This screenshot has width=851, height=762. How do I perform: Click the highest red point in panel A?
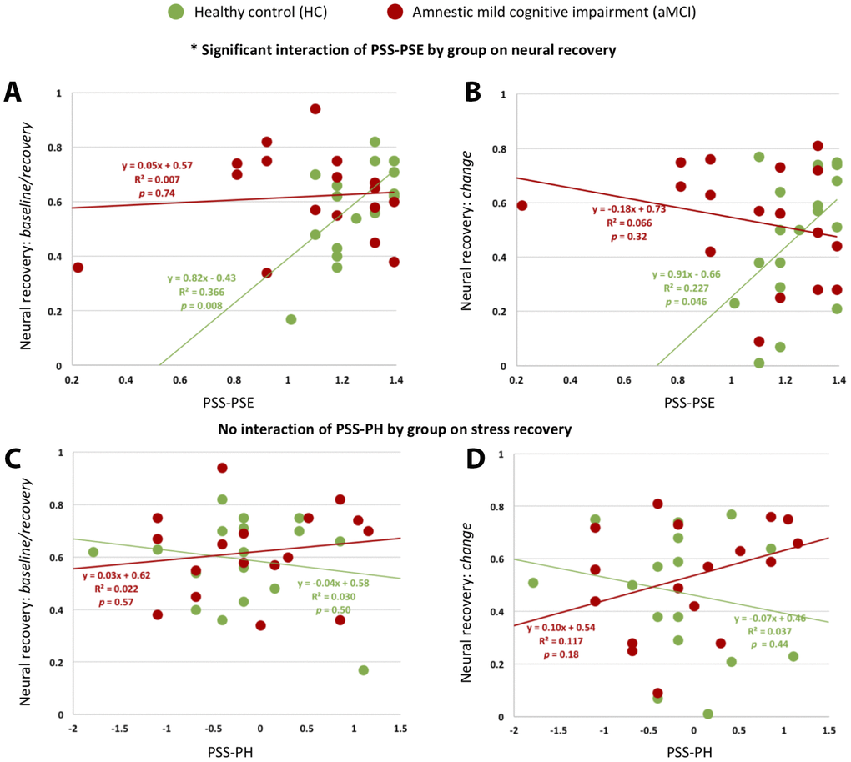point(315,109)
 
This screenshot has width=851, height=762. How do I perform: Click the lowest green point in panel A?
point(291,319)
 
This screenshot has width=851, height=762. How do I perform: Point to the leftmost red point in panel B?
point(522,205)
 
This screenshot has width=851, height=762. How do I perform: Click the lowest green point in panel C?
point(364,670)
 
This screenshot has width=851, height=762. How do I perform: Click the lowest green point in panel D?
point(707,714)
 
